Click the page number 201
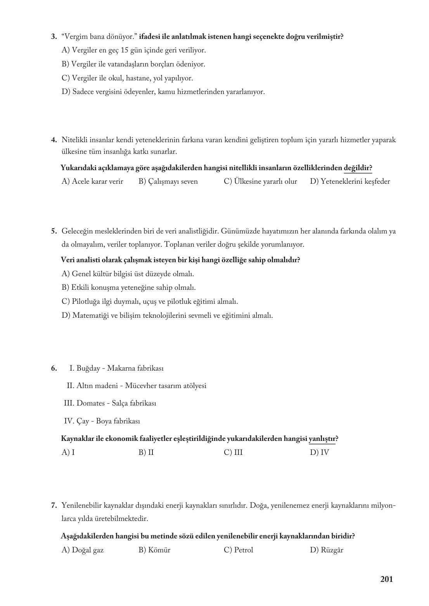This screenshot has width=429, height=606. pos(386,579)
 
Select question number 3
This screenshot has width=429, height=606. pos(54,37)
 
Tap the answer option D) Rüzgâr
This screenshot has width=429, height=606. pos(326,550)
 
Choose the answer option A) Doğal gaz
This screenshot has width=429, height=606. pos(83,550)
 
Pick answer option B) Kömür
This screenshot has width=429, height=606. pos(154,550)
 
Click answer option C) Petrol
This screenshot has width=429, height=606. pos(238,550)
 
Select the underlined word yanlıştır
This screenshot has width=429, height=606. pos(322,439)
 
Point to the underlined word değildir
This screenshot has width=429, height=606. pos(357,168)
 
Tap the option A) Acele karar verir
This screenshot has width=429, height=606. pos(92,181)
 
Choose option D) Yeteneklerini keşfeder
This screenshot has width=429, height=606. pos(350,181)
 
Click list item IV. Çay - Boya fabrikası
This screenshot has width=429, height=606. pos(102,421)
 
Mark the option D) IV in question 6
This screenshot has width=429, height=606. pos(319,453)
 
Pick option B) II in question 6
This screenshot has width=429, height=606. pos(146,453)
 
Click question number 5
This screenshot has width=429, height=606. pos(54,231)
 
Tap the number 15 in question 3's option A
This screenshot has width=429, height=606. pos(125,50)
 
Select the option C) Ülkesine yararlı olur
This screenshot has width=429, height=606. pos(260,181)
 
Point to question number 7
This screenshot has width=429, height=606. pos(54,505)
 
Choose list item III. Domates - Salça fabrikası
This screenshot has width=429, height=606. pos(110,403)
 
